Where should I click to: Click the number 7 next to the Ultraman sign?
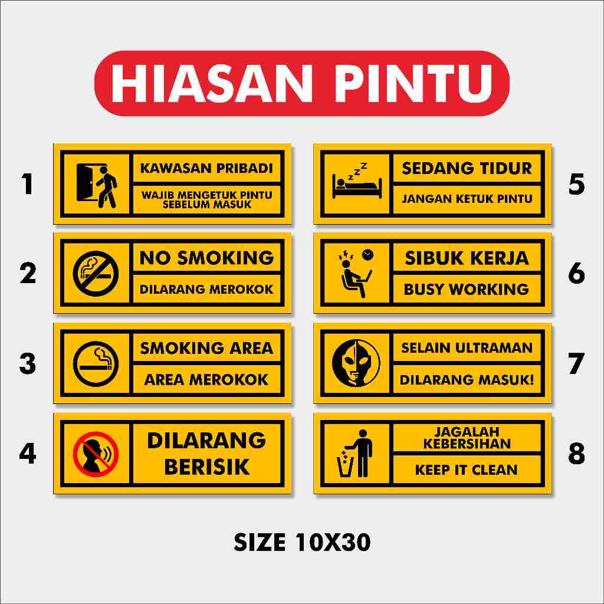[576, 364]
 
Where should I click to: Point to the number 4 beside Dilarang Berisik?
[28, 454]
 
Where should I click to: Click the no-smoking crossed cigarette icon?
[96, 274]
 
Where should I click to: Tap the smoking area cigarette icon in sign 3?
[96, 364]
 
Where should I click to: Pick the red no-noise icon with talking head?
[96, 454]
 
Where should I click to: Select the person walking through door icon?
[97, 184]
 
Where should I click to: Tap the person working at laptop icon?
[356, 274]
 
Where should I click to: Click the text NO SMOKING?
[206, 258]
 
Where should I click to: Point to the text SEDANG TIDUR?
[467, 168]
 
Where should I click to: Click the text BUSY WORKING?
[467, 289]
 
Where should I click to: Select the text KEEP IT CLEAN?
[467, 470]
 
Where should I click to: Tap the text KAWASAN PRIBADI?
[206, 168]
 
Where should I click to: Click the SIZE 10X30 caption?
[302, 542]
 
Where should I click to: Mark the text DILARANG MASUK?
[467, 380]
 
